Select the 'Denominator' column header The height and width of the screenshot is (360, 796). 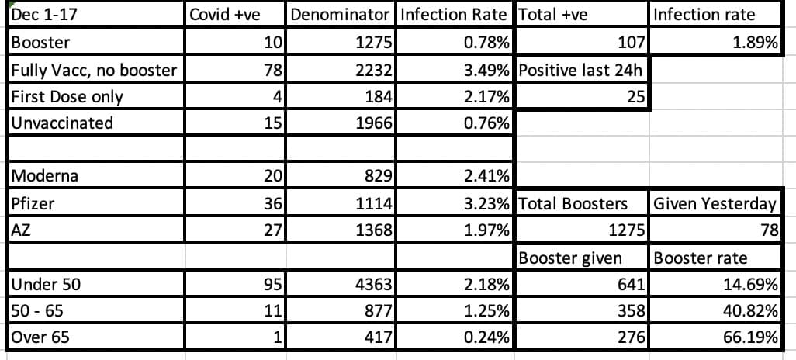click(340, 15)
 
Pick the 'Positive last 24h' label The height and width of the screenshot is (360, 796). click(581, 70)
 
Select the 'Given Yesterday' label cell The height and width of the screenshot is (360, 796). click(715, 203)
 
